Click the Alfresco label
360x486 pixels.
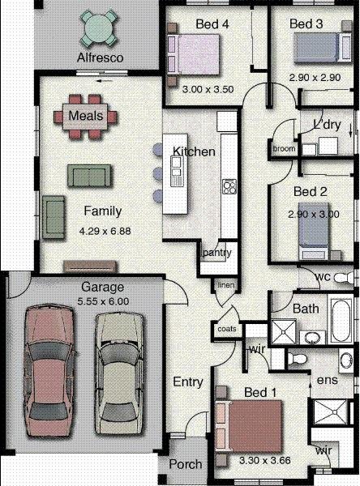coord(99,58)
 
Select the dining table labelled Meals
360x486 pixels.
coord(85,116)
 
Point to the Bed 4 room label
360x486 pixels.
coord(212,25)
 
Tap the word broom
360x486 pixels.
coord(284,149)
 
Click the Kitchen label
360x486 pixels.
coord(194,151)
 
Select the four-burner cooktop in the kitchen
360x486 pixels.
coord(229,186)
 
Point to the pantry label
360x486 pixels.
coord(218,253)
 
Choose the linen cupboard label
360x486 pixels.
coord(225,285)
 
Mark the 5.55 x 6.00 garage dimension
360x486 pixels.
coord(101,301)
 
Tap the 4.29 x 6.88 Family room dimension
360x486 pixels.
coord(105,231)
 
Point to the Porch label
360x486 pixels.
coord(186,465)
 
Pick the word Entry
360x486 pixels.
coord(188,382)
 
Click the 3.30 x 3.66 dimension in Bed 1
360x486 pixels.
coord(263,460)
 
